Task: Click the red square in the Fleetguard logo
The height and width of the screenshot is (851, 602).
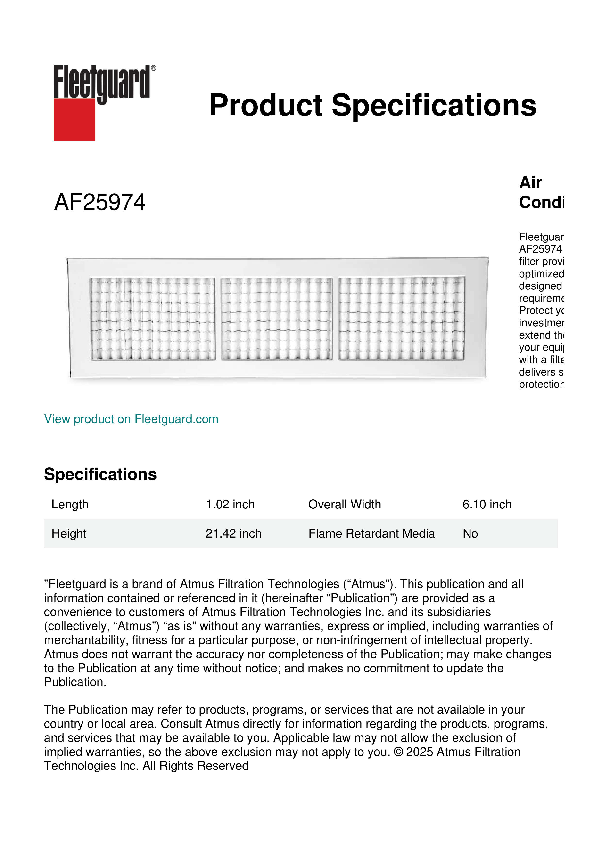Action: pos(74,119)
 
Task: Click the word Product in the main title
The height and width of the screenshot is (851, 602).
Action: pos(265,105)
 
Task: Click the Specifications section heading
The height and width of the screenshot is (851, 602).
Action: pos(100,475)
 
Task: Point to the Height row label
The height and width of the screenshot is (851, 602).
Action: pos(69,533)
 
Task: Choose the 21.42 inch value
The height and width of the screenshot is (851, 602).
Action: pos(233,533)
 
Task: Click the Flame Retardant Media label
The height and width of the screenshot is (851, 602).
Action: pos(371,533)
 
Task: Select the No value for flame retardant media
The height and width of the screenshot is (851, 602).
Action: pos(470,533)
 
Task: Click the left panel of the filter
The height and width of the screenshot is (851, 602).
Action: pos(152,319)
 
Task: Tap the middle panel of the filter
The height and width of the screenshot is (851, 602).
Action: pos(277,319)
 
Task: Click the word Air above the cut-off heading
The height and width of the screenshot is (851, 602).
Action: pos(530,182)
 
